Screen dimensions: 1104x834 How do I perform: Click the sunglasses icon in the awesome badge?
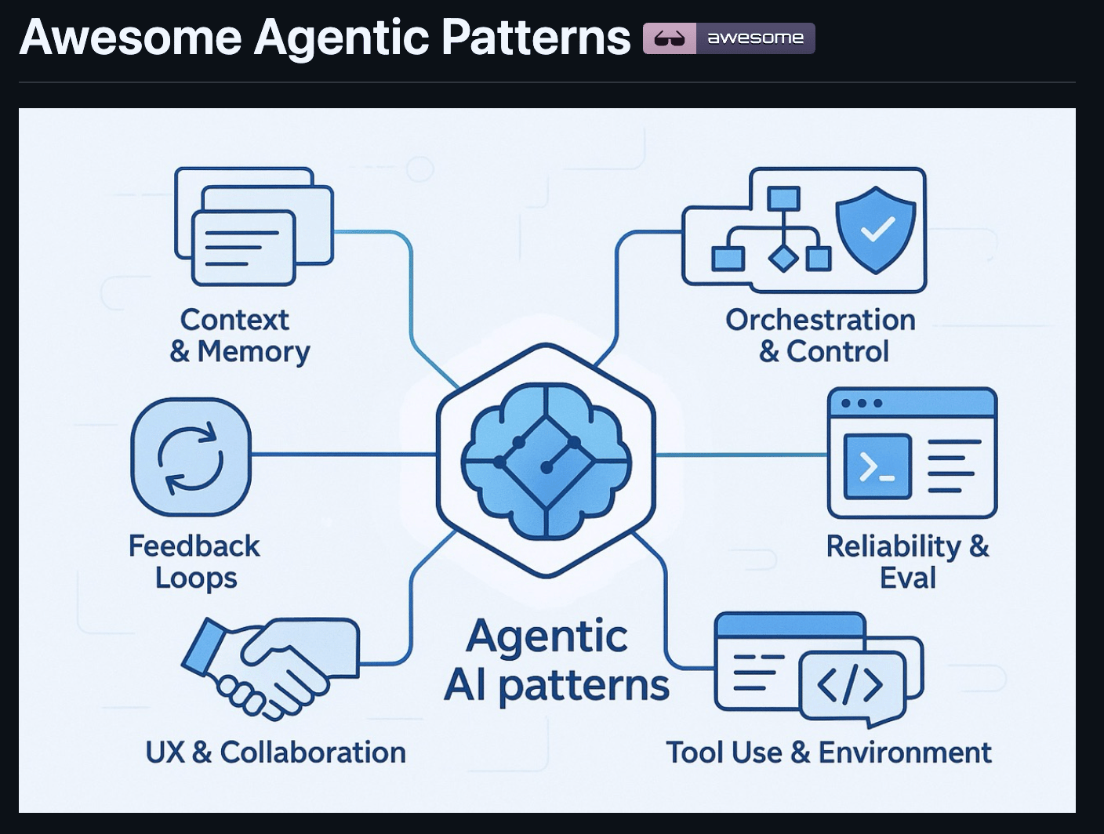tap(670, 38)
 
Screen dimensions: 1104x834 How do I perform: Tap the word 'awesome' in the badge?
tap(755, 38)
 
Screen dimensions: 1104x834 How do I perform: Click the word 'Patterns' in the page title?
tap(536, 37)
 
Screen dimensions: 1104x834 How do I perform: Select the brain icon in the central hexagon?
tap(547, 460)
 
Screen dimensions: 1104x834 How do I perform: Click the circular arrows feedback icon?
tap(191, 458)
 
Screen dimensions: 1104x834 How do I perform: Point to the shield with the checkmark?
tap(876, 230)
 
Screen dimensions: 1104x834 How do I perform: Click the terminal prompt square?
tap(877, 466)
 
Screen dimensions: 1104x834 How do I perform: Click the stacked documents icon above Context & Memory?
tap(254, 227)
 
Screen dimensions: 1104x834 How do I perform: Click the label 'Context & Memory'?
tap(239, 335)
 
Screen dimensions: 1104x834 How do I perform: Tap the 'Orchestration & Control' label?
tap(820, 335)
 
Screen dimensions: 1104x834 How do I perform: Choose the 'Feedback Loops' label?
tap(194, 562)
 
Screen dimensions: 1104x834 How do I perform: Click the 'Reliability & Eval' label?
tap(908, 562)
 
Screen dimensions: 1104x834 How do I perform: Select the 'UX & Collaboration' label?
tap(276, 752)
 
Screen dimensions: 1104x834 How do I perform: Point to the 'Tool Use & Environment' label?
tap(829, 752)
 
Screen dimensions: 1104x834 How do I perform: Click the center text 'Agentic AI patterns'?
tap(557, 661)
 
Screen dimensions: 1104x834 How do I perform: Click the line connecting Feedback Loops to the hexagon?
tap(343, 455)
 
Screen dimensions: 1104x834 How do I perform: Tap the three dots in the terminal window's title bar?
tap(862, 403)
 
